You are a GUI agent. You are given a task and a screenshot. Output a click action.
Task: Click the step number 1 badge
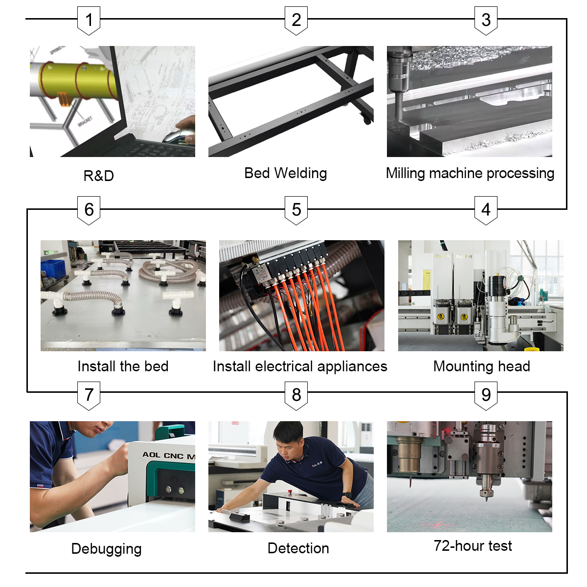[x=89, y=21]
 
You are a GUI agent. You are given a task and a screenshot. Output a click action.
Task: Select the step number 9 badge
[x=486, y=395]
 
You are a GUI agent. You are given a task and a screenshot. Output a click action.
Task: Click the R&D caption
[x=98, y=176]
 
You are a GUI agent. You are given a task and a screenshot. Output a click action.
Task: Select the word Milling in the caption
[x=405, y=173]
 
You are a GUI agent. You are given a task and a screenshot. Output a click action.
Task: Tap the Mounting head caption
[x=481, y=366]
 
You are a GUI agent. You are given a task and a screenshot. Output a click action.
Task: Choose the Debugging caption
[x=106, y=549]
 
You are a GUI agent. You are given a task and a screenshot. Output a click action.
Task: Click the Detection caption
[x=298, y=548]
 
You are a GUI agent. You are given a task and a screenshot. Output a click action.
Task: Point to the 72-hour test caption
[x=473, y=546]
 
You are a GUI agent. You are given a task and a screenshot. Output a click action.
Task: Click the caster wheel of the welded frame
[x=366, y=119]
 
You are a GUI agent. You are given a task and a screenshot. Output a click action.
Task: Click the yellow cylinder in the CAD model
[x=78, y=81]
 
